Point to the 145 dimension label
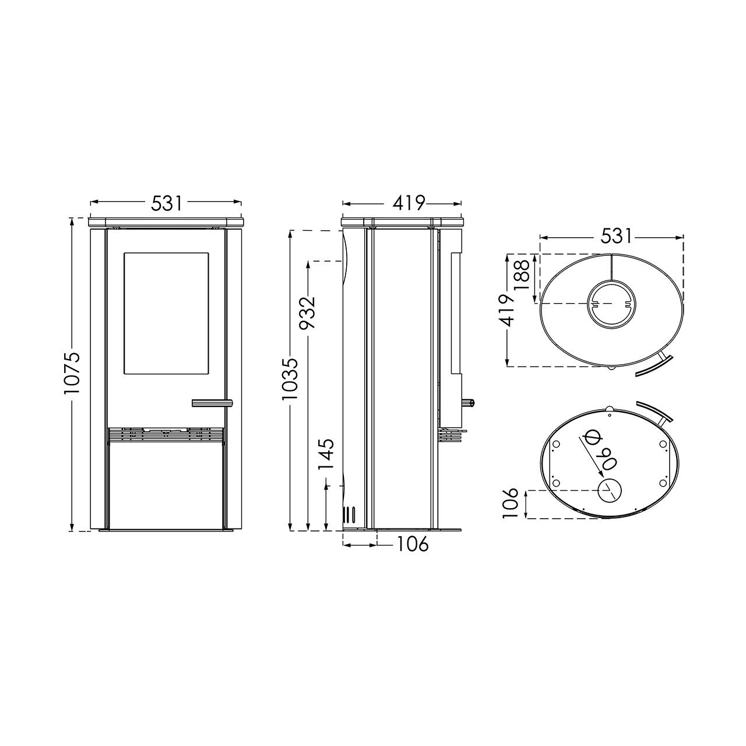tap(326, 453)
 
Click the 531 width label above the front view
tap(167, 203)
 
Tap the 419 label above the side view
tap(409, 203)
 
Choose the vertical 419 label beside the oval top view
tap(506, 309)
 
